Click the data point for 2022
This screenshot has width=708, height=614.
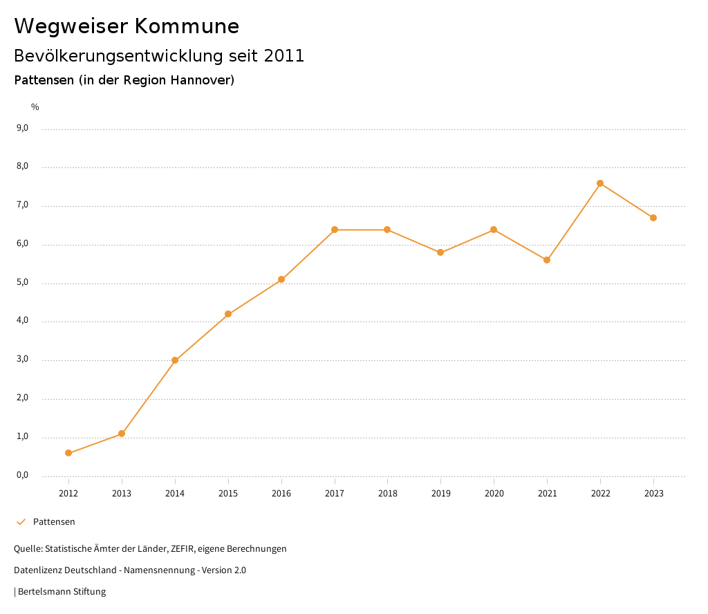pos(600,183)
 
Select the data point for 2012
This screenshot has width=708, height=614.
pos(68,453)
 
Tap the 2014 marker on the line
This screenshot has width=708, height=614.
pos(175,360)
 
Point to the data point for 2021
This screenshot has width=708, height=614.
pos(547,260)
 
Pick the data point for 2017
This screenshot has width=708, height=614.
pos(335,230)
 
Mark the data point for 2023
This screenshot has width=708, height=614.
pos(653,218)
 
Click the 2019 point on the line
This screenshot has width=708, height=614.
pos(440,252)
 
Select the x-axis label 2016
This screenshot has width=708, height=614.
pos(281,493)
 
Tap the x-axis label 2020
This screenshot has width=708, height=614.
pos(494,493)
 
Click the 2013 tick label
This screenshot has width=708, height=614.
pos(122,493)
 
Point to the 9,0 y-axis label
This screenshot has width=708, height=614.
pos(22,128)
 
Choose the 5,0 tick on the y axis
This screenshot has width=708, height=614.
pos(22,282)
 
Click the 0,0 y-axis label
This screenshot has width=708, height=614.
pos(22,475)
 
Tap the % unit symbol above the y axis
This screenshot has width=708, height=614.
pos(35,106)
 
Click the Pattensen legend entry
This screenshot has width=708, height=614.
pos(54,521)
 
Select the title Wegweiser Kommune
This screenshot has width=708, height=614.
pos(127,26)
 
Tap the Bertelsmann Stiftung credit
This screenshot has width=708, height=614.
pos(62,591)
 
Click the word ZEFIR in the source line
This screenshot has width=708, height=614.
pos(183,548)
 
